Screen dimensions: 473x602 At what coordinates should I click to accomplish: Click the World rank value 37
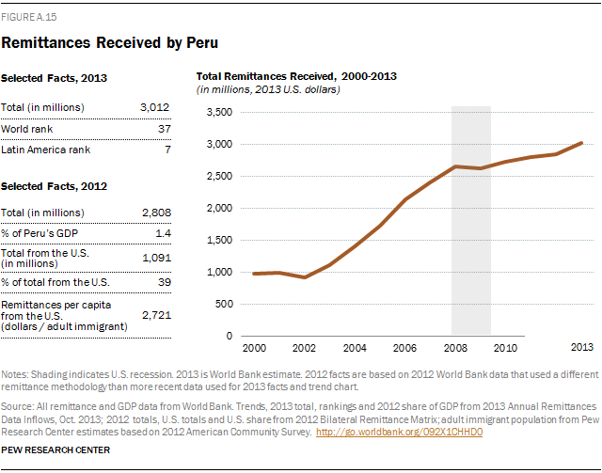click(164, 129)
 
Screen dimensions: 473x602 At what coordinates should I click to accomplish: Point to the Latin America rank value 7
click(167, 150)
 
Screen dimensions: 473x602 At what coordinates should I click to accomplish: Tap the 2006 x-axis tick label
click(404, 347)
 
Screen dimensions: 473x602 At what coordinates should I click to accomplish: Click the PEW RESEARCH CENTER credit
click(56, 450)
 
